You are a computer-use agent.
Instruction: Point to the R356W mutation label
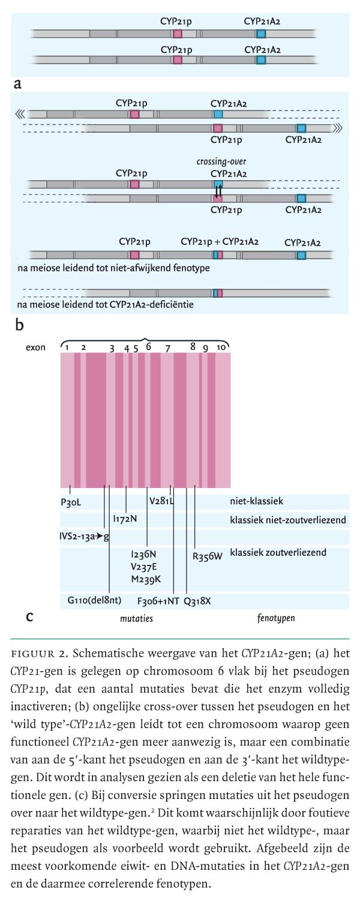pos(208,555)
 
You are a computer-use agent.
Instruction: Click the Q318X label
pos(197,600)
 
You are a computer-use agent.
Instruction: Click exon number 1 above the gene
pos(68,348)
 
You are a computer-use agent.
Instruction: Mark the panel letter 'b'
pos(19,325)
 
